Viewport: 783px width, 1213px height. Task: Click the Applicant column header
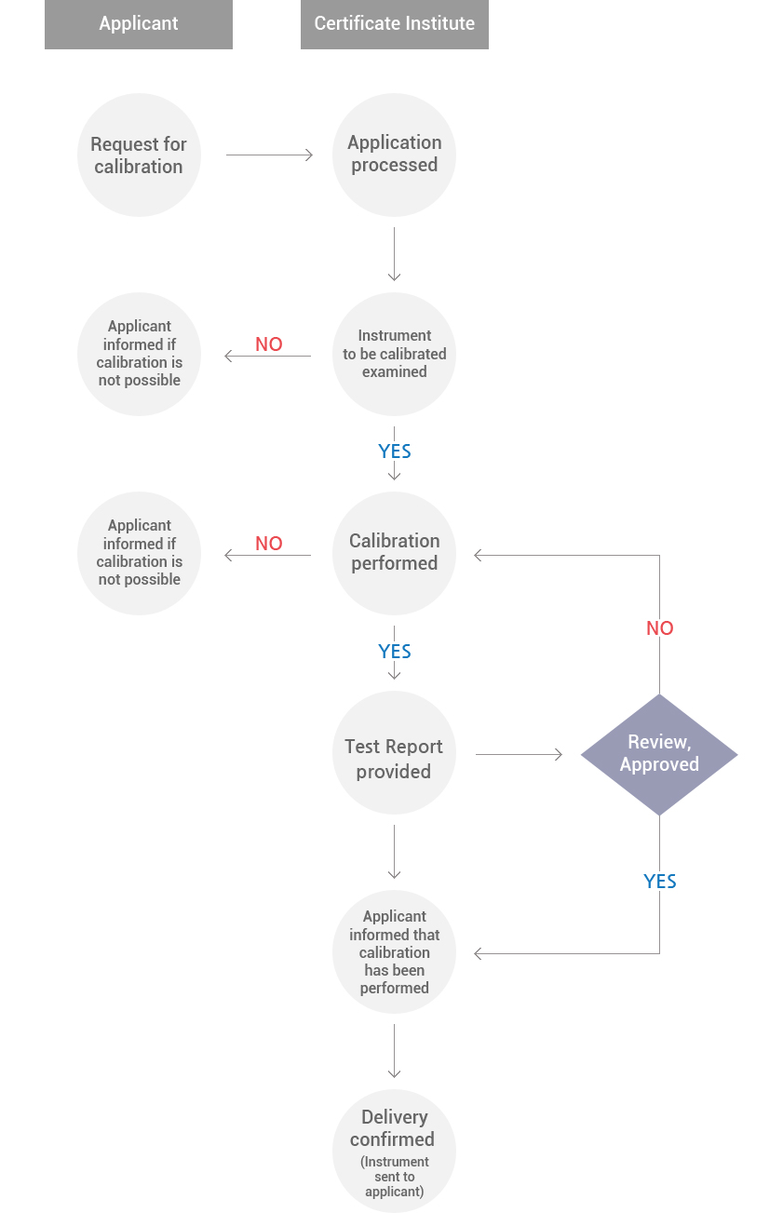pos(139,24)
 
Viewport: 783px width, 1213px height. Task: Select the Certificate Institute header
pos(395,24)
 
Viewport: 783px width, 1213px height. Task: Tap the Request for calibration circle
pos(139,155)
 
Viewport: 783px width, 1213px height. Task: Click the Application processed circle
pos(394,155)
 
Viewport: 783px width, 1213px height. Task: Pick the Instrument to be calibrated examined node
pos(394,354)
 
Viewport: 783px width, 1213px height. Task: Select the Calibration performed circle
pos(394,553)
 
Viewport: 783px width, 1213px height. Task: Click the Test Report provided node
pos(394,753)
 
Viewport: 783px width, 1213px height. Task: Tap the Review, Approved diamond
pos(659,754)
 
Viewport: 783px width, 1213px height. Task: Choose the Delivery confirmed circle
pos(394,1152)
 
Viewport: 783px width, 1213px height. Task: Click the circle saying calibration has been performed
pos(394,952)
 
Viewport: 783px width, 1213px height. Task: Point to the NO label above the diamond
pos(660,628)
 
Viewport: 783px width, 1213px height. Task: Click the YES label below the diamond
pos(660,882)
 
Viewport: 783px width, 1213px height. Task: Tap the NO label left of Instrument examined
pos(269,344)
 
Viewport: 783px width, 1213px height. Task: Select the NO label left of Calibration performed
pos(269,544)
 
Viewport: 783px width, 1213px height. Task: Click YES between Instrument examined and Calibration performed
pos(395,452)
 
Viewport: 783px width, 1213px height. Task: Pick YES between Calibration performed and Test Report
pos(395,652)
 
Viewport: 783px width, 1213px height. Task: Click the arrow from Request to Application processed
pos(270,155)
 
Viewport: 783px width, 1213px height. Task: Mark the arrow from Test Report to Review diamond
pos(520,754)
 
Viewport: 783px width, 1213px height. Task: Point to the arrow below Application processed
pos(394,254)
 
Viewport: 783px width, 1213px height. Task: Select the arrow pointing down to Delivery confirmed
pos(394,1051)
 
